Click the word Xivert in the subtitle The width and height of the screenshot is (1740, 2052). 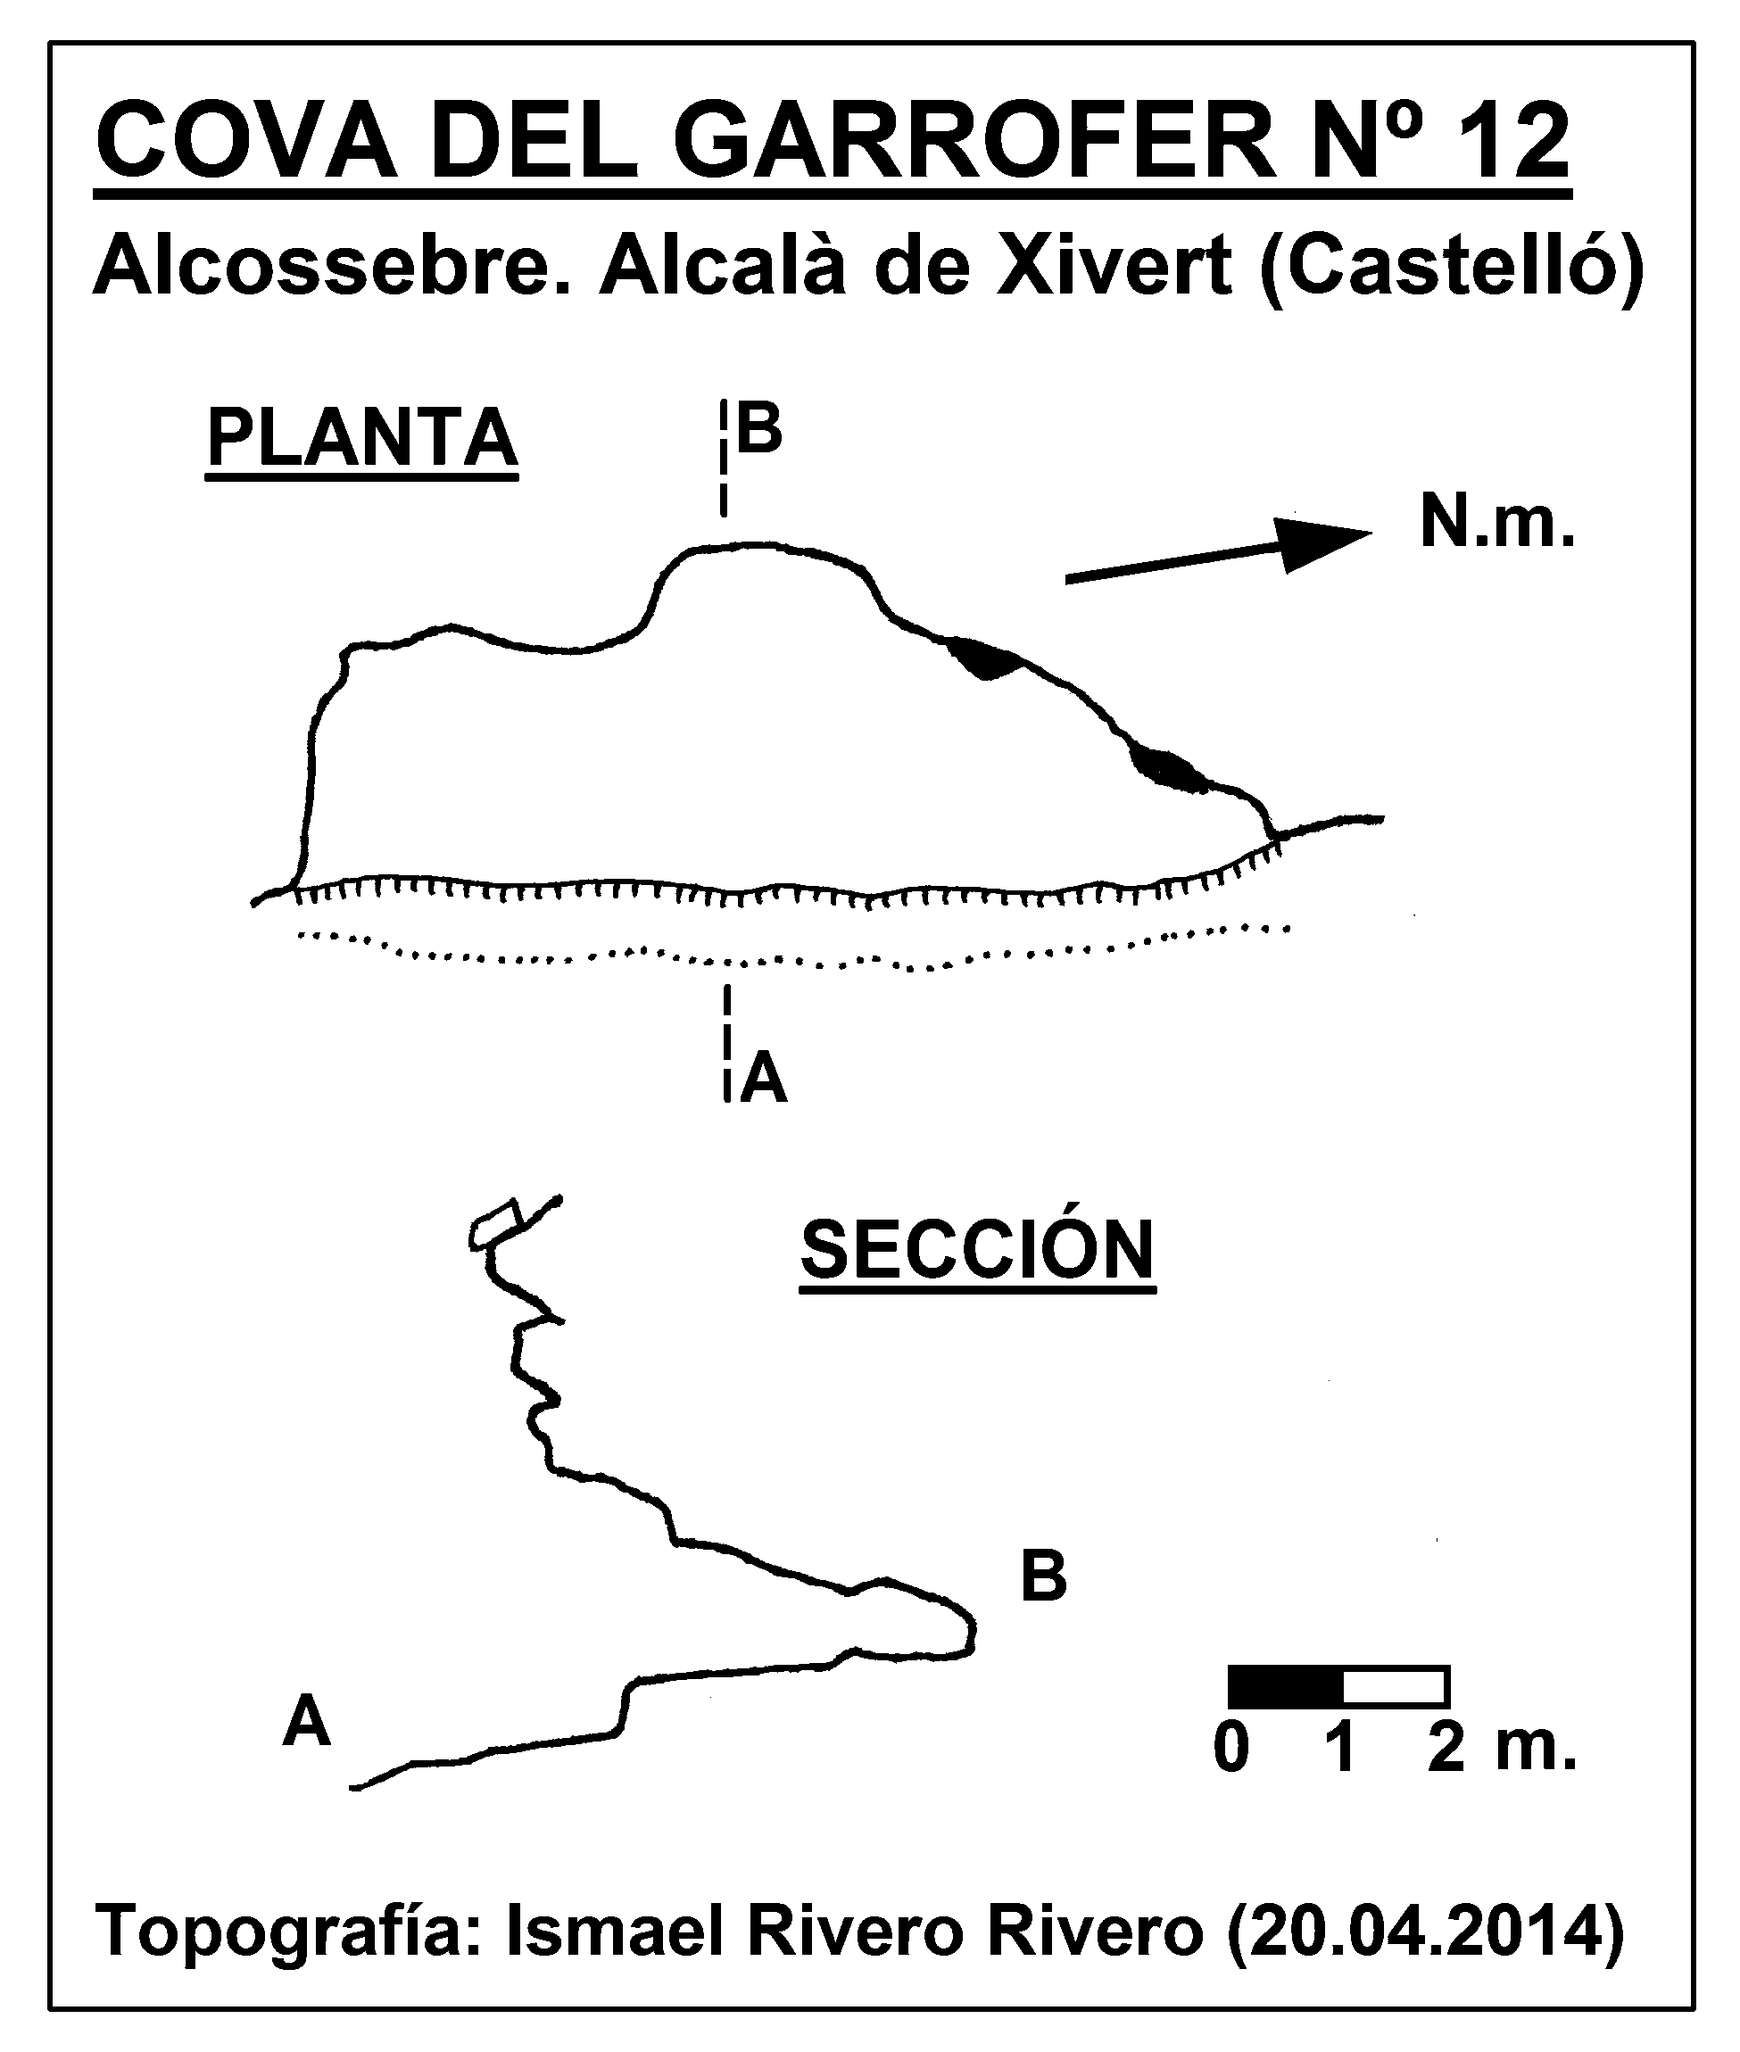(1114, 266)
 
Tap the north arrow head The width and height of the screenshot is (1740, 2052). (1322, 543)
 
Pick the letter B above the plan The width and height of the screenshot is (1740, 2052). (759, 429)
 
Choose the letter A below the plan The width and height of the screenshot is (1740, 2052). (765, 1078)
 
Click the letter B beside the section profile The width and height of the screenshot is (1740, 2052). (1044, 1576)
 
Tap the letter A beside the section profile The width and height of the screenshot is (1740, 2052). (306, 1722)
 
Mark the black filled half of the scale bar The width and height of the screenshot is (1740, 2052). (1285, 1686)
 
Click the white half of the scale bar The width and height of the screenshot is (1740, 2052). (1396, 1686)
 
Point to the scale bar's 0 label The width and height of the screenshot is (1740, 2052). (1232, 1750)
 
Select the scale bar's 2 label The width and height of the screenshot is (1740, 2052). (1446, 1750)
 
